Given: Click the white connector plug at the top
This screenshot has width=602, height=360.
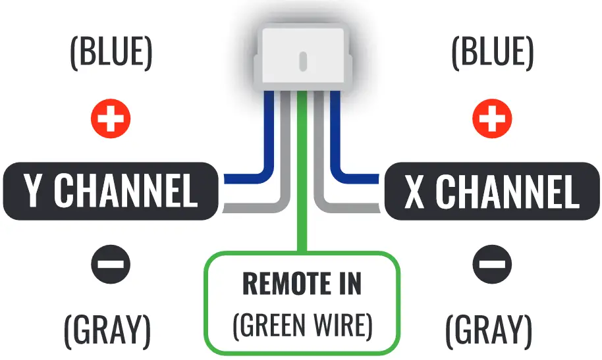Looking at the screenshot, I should (x=302, y=56).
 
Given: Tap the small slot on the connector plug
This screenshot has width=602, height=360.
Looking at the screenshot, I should (x=302, y=62).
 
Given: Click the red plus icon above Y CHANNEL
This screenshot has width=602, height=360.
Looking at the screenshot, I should (x=110, y=119).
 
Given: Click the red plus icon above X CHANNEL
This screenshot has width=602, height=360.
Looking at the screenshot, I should (x=492, y=119).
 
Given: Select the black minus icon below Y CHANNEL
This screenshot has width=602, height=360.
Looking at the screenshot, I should (x=110, y=265).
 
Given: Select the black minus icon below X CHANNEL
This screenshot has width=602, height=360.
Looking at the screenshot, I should (x=492, y=265).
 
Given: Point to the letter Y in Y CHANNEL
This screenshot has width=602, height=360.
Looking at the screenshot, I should (x=34, y=192).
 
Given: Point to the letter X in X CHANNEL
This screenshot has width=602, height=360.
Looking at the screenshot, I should (x=414, y=192).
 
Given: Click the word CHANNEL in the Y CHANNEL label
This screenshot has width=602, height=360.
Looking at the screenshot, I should (x=125, y=192).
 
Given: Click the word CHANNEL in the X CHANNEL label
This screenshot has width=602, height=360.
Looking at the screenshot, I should (x=507, y=192).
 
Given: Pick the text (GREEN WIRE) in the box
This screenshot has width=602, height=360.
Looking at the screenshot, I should (x=302, y=324).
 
